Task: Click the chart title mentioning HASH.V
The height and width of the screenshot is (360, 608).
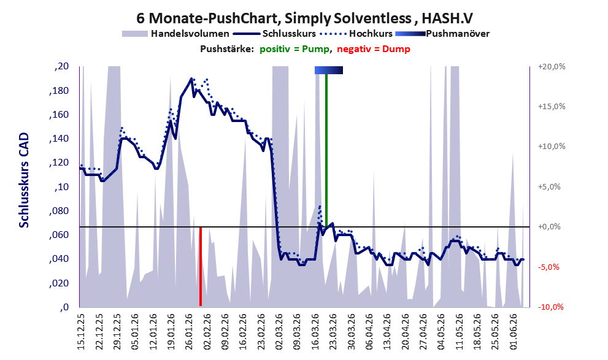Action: [304, 18]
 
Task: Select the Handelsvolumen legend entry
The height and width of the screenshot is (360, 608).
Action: [175, 34]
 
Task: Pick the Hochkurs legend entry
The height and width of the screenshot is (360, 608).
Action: [356, 34]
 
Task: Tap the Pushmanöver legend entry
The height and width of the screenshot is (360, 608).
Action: [442, 34]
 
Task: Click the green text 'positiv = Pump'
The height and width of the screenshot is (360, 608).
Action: [295, 49]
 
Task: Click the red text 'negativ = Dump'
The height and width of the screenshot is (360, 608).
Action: [374, 49]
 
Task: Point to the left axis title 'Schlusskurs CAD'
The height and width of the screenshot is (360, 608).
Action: [24, 180]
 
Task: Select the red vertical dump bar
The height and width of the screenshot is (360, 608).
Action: [201, 267]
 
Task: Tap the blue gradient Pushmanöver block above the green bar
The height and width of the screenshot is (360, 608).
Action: [329, 70]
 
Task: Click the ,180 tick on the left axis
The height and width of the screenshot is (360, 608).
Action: [59, 91]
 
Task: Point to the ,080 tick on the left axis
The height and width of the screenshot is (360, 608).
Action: [59, 211]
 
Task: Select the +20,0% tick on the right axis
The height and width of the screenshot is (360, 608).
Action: [552, 67]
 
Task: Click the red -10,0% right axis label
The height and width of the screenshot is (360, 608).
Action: [551, 307]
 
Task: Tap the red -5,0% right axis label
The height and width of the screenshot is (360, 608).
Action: [548, 267]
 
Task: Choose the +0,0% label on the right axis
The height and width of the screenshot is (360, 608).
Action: [549, 227]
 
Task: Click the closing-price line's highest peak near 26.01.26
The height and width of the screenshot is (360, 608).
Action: [191, 79]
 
